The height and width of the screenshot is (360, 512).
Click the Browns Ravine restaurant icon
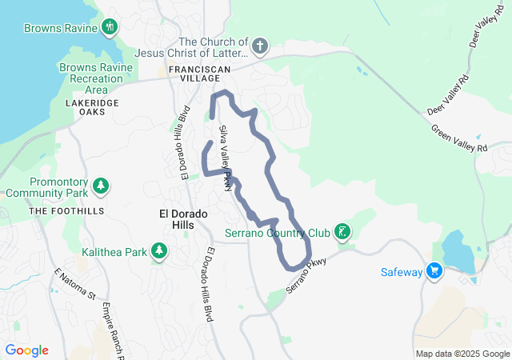tap(110, 27)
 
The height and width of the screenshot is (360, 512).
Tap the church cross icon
tap(258, 46)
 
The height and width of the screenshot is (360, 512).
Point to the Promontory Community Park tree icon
tap(101, 186)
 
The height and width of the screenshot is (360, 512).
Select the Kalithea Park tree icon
tap(159, 251)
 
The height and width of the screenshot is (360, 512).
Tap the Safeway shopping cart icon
tap(434, 271)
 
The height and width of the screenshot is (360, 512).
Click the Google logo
tap(27, 350)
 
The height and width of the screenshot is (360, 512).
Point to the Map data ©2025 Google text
tap(462, 354)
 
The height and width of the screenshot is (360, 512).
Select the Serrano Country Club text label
tap(277, 234)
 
